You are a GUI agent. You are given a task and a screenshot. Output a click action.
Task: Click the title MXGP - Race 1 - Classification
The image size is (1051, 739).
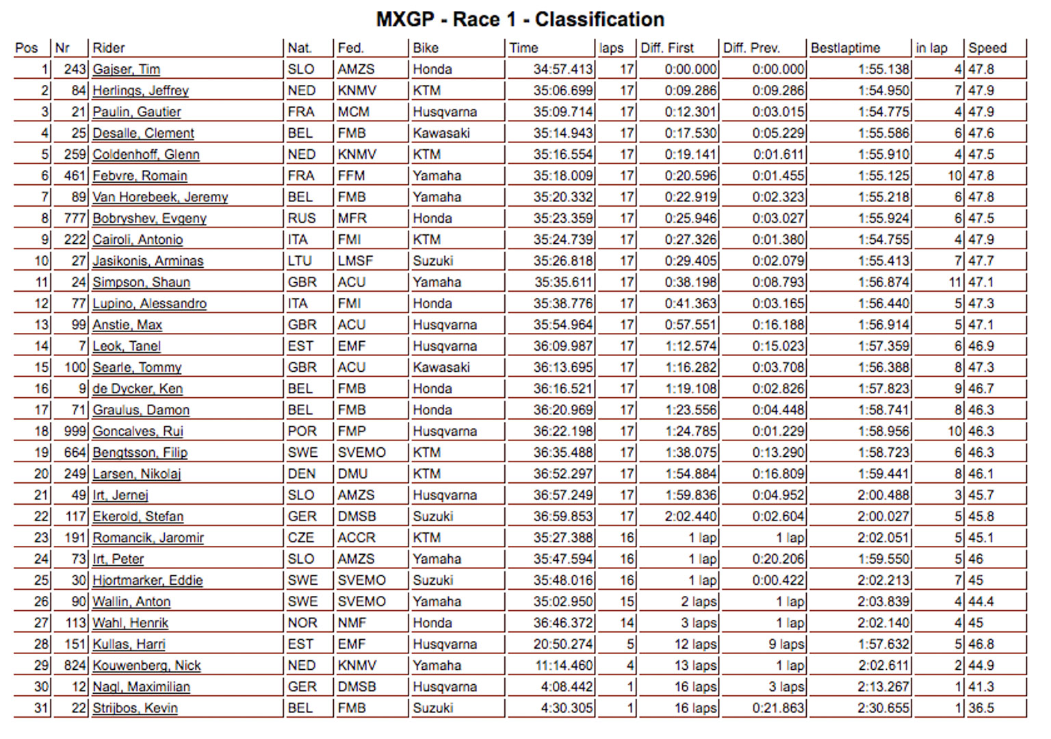[520, 19]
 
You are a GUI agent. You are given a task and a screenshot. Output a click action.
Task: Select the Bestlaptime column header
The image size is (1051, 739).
[845, 48]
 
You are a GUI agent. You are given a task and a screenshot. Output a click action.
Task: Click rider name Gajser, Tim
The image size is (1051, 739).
[127, 69]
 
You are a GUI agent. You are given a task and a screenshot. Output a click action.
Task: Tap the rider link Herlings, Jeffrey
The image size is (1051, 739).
[140, 90]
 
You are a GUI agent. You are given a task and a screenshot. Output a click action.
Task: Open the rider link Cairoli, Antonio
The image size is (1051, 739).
[138, 240]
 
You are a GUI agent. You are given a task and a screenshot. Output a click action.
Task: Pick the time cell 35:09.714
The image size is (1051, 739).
[562, 112]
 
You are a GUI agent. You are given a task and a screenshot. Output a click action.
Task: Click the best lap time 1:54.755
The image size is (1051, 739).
[883, 240]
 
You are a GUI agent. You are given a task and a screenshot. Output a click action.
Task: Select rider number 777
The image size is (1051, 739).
[75, 218]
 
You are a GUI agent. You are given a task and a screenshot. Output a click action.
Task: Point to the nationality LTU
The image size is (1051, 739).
[300, 261]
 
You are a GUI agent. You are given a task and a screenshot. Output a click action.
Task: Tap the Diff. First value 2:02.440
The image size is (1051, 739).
[690, 516]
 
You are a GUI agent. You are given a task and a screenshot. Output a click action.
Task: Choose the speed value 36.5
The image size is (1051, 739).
[981, 708]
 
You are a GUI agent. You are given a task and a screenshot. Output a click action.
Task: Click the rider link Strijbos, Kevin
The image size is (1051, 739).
[135, 708]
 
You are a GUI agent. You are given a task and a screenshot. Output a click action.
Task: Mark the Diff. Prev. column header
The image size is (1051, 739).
[751, 48]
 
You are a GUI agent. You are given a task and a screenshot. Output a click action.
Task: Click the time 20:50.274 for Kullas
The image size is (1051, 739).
[562, 644]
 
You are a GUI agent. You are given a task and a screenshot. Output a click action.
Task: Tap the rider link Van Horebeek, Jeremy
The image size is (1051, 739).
[160, 197]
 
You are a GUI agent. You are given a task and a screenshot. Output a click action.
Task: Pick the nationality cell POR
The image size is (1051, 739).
[302, 431]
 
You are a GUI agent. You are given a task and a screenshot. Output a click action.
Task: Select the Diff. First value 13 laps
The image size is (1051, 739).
[695, 666]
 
